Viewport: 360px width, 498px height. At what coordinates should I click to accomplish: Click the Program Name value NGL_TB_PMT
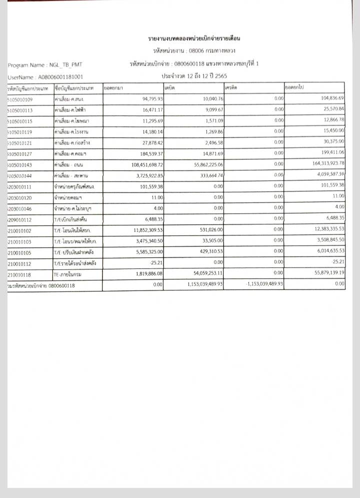point(63,65)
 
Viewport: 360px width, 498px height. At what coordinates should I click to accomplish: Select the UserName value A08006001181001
point(56,77)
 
